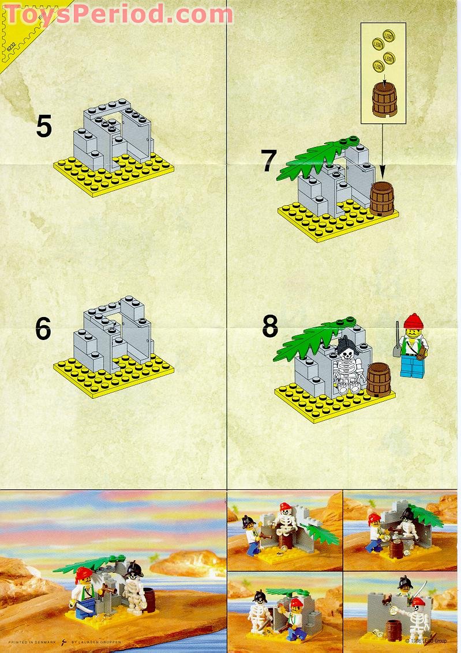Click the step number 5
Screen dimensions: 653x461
click(44, 126)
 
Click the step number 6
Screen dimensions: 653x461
click(43, 329)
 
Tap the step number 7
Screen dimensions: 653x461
click(269, 161)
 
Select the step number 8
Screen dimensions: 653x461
click(270, 327)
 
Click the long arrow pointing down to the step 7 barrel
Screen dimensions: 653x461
click(382, 150)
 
